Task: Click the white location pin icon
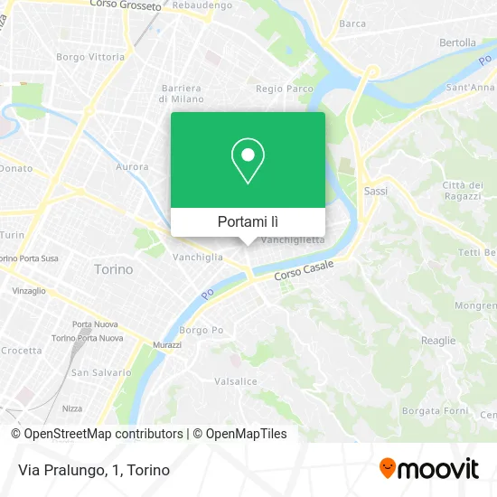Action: (248, 161)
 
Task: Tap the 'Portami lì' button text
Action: (248, 221)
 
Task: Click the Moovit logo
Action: (429, 469)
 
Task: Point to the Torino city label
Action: (114, 269)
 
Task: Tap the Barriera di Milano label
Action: (181, 93)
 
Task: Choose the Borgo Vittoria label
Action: (90, 56)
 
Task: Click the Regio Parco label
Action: (285, 89)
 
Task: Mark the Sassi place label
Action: (375, 192)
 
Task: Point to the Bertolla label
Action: (457, 42)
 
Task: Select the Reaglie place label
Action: (438, 340)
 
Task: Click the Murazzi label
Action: (168, 346)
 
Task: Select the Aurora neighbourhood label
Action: (133, 167)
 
